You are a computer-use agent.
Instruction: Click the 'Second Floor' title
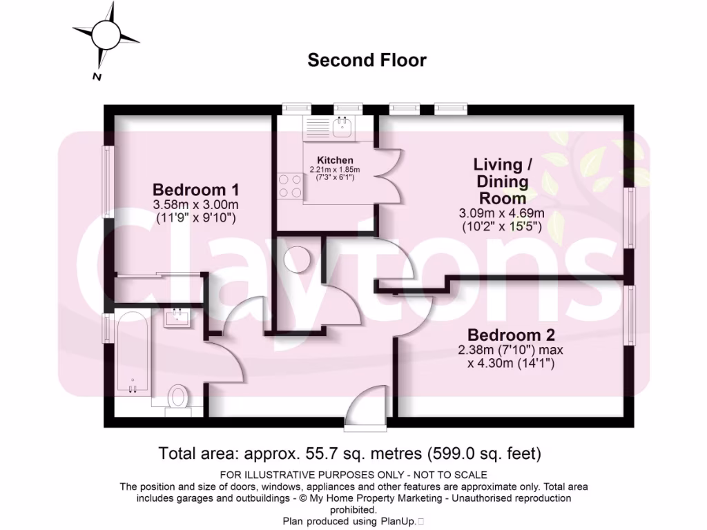[x=367, y=60]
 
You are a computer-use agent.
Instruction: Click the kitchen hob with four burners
[x=290, y=185]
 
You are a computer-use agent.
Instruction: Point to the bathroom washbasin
[x=179, y=318]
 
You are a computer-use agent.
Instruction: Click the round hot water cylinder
[x=298, y=260]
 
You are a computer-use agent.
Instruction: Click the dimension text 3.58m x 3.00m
[x=195, y=205]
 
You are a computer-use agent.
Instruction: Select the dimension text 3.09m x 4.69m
[x=501, y=213]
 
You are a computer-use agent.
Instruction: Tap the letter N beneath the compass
[x=97, y=77]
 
